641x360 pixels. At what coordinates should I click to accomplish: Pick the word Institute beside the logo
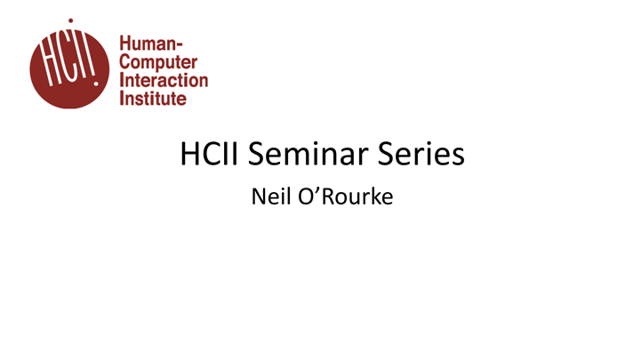point(152,98)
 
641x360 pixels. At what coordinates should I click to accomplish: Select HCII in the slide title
point(211,155)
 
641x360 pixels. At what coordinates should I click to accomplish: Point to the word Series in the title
point(423,155)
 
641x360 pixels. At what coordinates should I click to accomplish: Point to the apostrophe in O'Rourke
point(312,189)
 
